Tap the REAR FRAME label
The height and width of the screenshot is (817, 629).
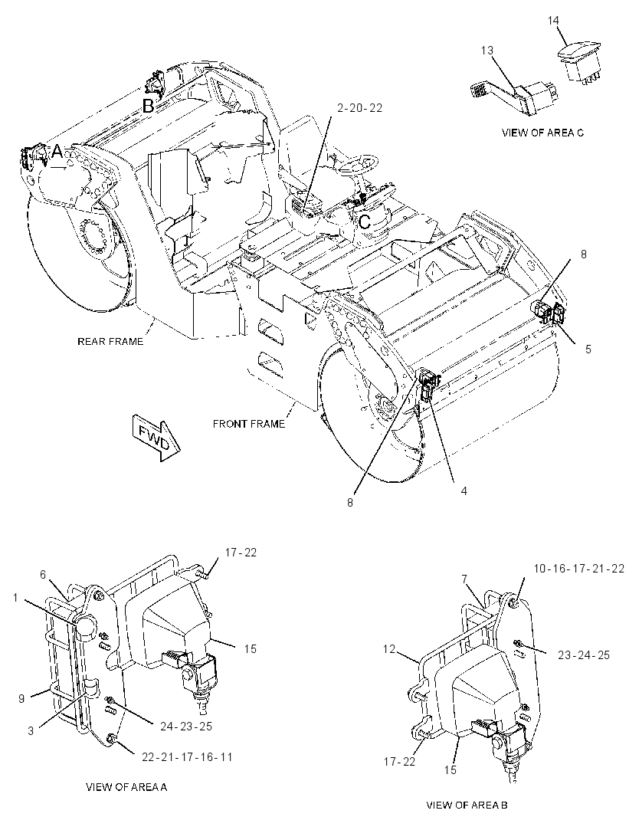pos(110,341)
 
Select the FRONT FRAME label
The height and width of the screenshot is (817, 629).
pos(249,424)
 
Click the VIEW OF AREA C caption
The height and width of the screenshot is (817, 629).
pos(542,133)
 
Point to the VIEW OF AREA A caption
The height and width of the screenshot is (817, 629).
pos(126,787)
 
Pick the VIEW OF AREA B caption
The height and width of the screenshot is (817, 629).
pos(467,805)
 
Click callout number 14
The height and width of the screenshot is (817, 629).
pos(553,21)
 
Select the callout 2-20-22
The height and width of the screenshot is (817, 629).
pos(360,108)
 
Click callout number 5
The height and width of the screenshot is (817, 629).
pos(588,349)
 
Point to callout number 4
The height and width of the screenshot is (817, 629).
pos(464,491)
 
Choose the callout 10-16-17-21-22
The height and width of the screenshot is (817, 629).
pos(578,569)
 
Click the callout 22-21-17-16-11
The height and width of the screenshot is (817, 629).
pos(187,756)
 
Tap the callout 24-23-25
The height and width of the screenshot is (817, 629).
pos(186,726)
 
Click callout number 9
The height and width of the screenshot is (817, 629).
pos(22,698)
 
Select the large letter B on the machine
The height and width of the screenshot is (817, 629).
pos(149,107)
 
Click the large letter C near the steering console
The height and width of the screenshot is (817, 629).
pos(365,221)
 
